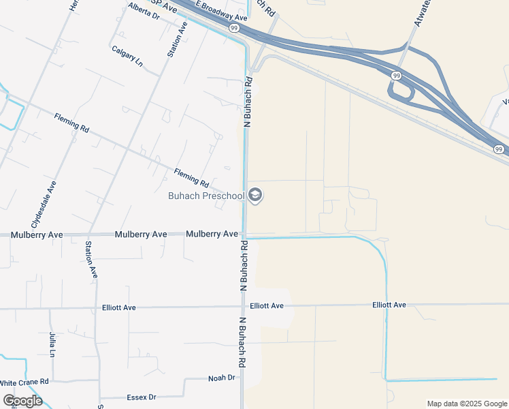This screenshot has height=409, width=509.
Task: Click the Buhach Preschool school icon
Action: (x=255, y=196)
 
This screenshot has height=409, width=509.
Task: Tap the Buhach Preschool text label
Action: (x=206, y=196)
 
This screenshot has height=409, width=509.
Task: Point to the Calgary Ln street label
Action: (x=127, y=57)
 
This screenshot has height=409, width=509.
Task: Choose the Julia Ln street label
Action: (x=52, y=345)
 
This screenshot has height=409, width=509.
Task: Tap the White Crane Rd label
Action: (x=24, y=382)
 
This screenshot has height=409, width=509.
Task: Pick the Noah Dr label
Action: (x=222, y=378)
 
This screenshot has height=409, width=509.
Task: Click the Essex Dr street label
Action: (x=142, y=397)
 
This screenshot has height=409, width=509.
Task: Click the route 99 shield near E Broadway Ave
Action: (x=233, y=28)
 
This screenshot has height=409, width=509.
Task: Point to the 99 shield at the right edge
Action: (x=499, y=149)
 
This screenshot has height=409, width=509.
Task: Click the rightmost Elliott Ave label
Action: (x=389, y=305)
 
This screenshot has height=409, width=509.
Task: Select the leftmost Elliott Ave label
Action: (x=118, y=307)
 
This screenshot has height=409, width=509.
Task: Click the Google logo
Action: (x=22, y=400)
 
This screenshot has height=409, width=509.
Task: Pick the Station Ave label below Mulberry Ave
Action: (x=91, y=259)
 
